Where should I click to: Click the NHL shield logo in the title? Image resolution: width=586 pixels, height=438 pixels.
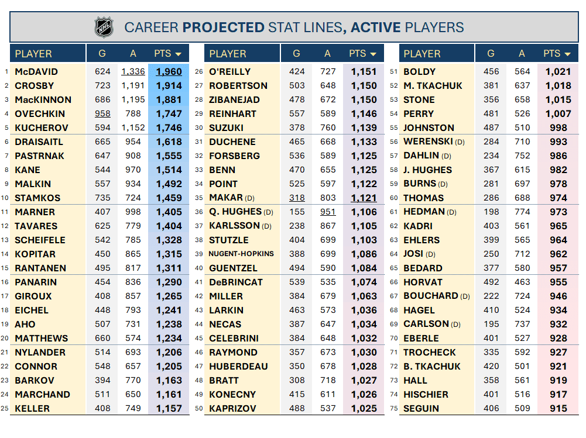coord(104,27)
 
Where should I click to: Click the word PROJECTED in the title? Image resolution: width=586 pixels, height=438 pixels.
coord(224,27)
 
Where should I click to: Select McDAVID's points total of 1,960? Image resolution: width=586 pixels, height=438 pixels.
coord(169,72)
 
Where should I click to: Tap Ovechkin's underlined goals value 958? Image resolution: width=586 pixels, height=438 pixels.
coord(102,114)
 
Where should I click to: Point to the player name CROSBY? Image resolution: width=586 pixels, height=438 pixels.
coord(35,86)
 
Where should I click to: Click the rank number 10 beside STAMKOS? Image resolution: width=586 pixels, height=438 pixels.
coord(5,198)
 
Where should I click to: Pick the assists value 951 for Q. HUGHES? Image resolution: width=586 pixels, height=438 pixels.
coord(327,212)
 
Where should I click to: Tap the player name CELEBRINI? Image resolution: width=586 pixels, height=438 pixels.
coord(234,339)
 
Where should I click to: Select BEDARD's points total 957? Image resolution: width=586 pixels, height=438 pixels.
coord(558,268)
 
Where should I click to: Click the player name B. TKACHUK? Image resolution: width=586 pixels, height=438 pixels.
coord(432,367)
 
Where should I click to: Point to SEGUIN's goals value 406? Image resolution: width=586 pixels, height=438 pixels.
coord(491,409)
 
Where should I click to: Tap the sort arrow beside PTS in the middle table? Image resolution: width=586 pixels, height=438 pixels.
coord(373,54)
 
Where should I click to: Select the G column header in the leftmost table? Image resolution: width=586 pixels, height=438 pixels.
coord(102,54)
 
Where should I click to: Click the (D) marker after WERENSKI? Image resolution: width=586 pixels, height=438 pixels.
coord(459,142)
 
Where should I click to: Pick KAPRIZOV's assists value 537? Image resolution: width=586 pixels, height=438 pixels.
coord(327,409)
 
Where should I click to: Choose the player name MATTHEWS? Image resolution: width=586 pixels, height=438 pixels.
coord(42,339)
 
